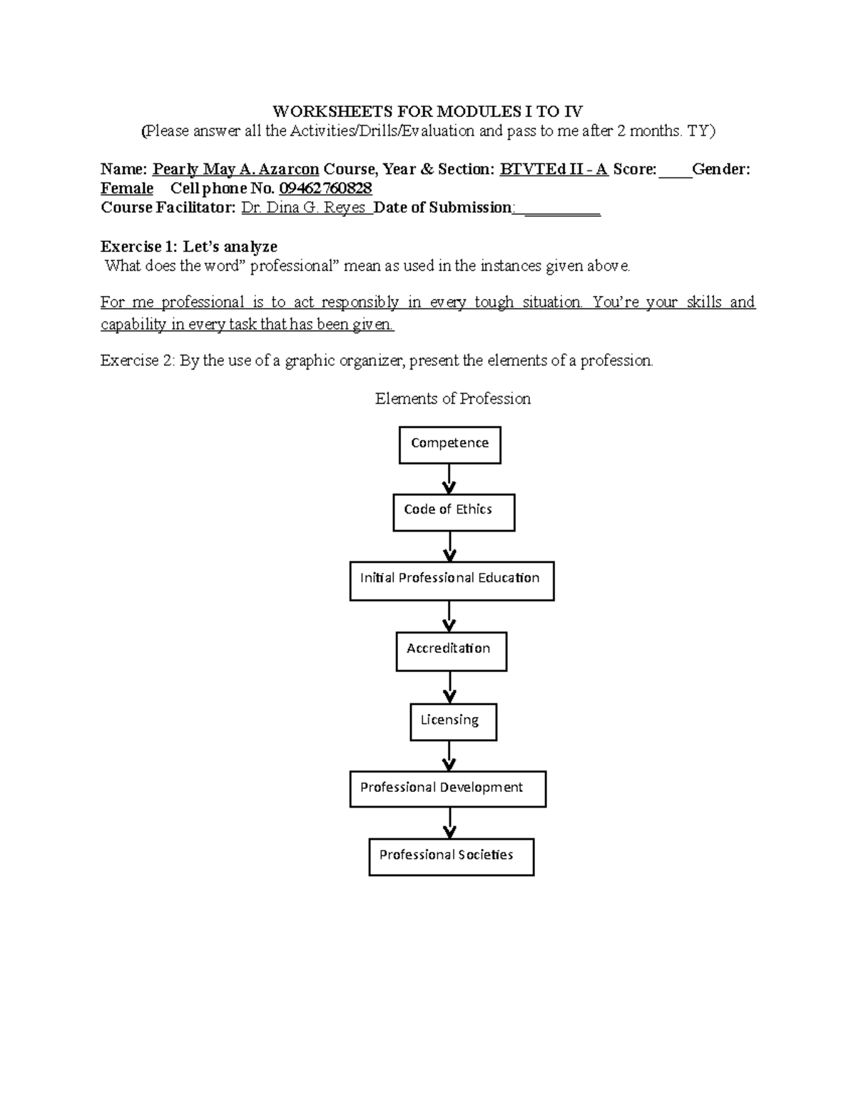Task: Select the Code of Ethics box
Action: click(x=453, y=512)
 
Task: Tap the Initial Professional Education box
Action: click(x=452, y=581)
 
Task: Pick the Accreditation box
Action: click(x=451, y=651)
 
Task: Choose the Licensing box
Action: click(x=453, y=722)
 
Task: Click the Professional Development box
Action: click(x=447, y=788)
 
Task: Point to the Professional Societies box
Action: click(x=451, y=856)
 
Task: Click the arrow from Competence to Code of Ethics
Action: click(x=449, y=479)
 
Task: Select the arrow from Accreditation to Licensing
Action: click(x=449, y=688)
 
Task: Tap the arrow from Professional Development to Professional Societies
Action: click(x=449, y=823)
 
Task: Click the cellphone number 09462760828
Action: click(x=325, y=188)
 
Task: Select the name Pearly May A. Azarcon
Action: click(x=235, y=169)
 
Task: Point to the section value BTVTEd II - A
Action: click(x=554, y=169)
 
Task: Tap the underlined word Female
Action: click(x=127, y=188)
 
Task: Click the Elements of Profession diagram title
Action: click(x=453, y=399)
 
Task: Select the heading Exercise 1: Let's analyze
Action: click(x=189, y=247)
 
